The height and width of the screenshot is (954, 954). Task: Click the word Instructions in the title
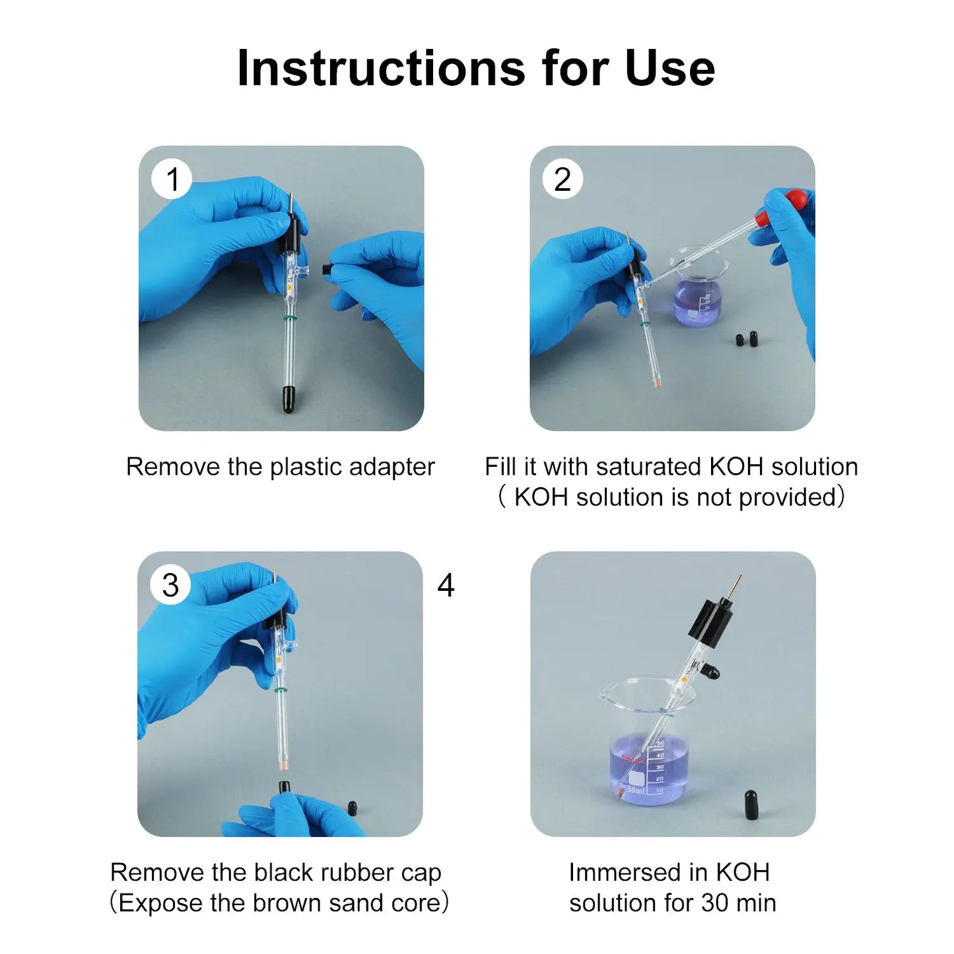click(381, 68)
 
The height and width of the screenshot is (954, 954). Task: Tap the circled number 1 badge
click(172, 179)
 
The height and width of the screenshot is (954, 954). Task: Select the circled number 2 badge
click(562, 179)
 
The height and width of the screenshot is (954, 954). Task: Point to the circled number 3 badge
click(170, 585)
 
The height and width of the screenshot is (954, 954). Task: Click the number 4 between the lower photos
click(446, 585)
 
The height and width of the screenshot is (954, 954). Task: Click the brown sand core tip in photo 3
click(284, 765)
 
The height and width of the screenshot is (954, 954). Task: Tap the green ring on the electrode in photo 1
click(290, 318)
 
